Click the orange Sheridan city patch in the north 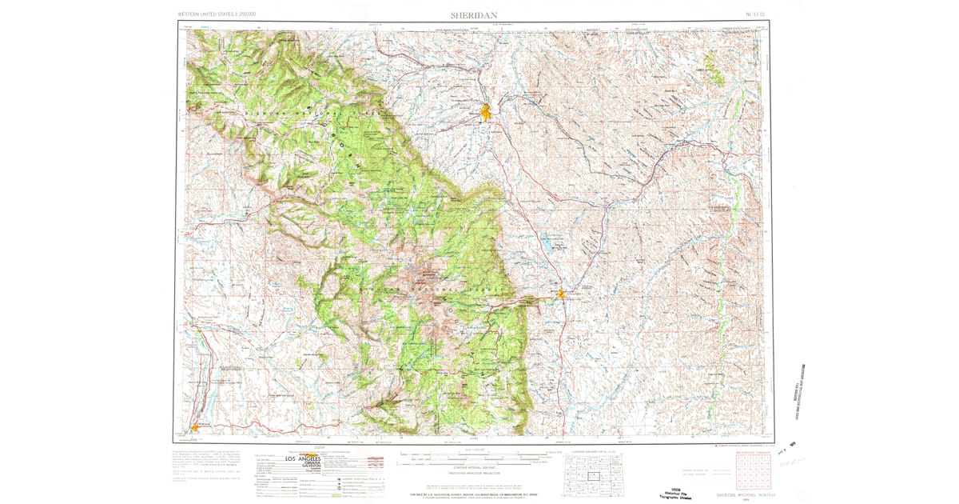(x=485, y=113)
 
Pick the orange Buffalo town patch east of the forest (x=562, y=295)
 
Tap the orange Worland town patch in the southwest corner (x=194, y=426)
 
